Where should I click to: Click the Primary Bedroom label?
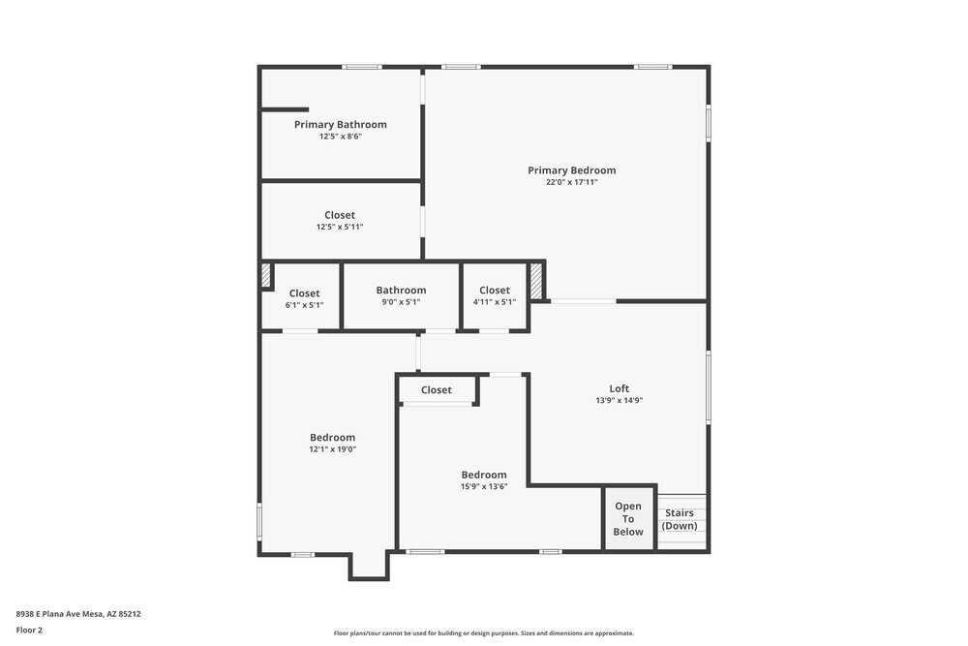[x=571, y=170]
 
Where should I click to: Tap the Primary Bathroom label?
[x=340, y=124]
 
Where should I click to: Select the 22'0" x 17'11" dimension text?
[x=571, y=182]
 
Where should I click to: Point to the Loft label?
[x=619, y=388]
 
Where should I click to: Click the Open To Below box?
[x=628, y=519]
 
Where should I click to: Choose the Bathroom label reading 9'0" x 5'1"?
[x=401, y=291]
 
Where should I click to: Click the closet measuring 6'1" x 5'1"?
[x=304, y=293]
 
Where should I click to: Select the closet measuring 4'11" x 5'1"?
[x=494, y=291]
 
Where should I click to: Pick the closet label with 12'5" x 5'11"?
[x=339, y=215]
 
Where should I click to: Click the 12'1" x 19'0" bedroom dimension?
[x=332, y=448]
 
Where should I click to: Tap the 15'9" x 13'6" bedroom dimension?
[x=483, y=486]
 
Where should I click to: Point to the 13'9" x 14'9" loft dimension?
[x=619, y=400]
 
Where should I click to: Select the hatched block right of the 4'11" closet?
[x=535, y=282]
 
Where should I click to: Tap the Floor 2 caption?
[x=29, y=630]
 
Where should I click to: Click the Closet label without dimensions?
[x=436, y=390]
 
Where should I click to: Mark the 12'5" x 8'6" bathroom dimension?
[x=340, y=137]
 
